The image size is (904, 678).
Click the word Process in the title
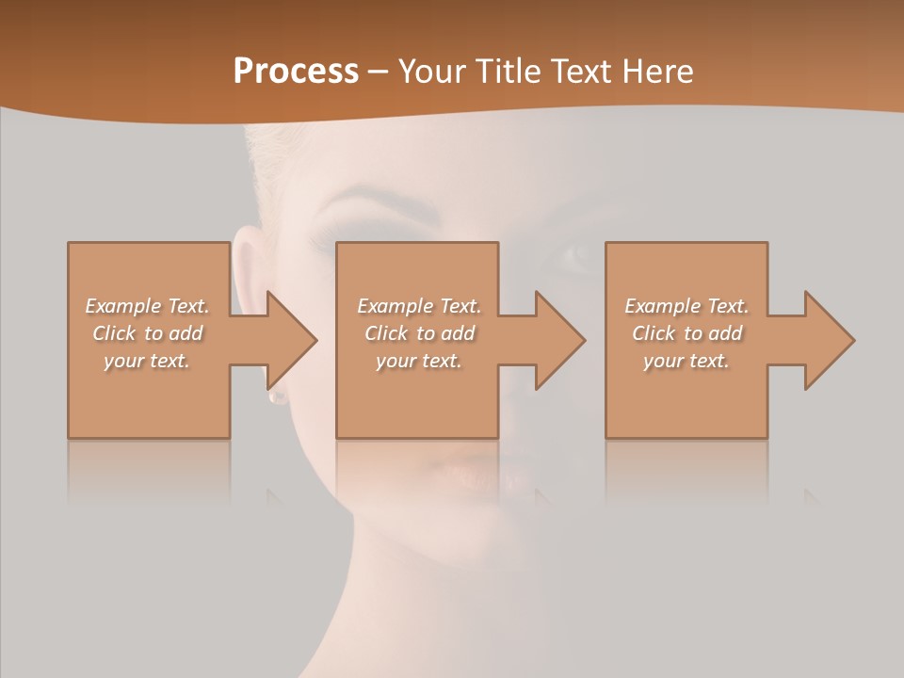click(x=296, y=71)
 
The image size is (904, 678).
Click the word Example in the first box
click(x=122, y=306)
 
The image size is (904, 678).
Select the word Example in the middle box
click(x=395, y=306)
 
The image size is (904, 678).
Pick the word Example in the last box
click(x=662, y=306)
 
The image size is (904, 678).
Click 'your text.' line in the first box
click(x=147, y=361)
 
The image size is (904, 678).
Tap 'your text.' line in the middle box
click(x=418, y=361)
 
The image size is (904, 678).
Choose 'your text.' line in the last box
click(x=686, y=361)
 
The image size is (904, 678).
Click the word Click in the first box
click(x=114, y=333)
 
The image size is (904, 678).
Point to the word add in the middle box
click(x=458, y=333)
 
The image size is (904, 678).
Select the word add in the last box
click(x=725, y=333)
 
